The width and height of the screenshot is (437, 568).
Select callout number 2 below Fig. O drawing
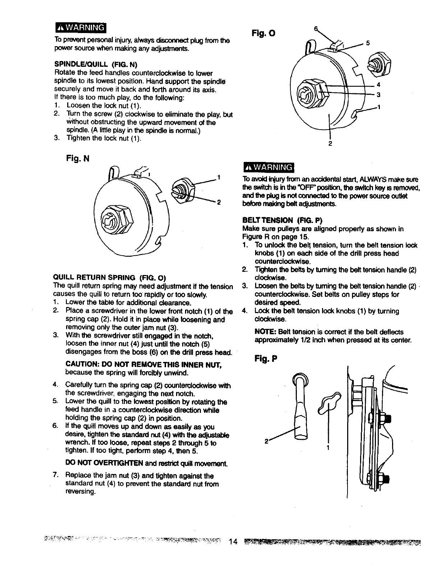(x=330, y=144)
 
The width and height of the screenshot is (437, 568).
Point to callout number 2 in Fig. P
(x=266, y=442)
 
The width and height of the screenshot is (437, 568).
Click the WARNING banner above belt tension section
(x=268, y=167)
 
